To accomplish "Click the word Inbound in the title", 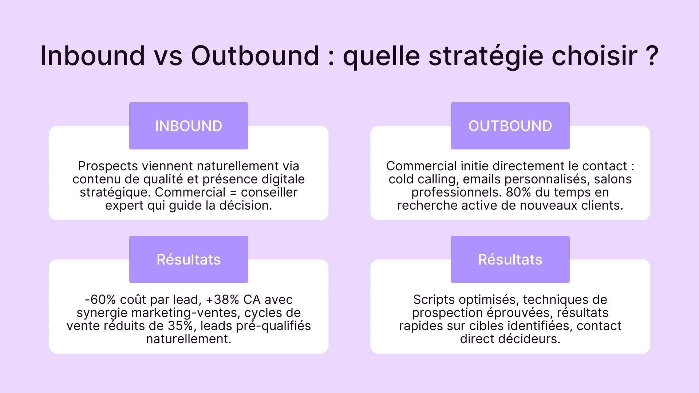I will click(92, 56).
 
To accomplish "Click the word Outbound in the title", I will click(255, 56).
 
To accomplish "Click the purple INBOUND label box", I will click(189, 126).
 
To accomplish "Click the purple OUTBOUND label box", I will click(510, 126).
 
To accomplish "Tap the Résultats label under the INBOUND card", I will click(189, 259).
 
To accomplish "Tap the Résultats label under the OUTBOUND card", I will click(510, 259).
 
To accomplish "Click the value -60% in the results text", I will click(100, 299).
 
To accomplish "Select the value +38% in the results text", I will click(222, 299).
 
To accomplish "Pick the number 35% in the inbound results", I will click(180, 326).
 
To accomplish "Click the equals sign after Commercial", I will click(233, 192).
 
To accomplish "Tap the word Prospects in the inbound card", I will click(108, 166).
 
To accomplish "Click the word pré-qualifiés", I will click(273, 326).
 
